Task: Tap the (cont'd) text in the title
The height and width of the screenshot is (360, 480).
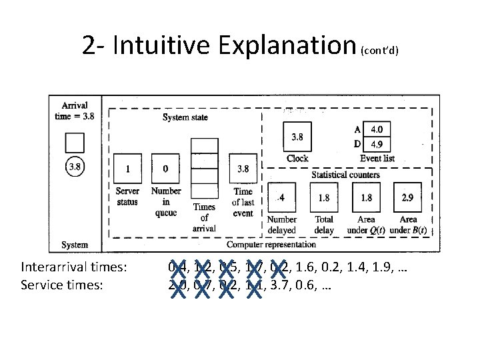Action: [x=380, y=51]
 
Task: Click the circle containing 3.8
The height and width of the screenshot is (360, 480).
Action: [x=75, y=167]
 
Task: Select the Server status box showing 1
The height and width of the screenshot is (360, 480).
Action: [x=127, y=169]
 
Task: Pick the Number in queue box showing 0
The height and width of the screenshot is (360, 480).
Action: [x=165, y=169]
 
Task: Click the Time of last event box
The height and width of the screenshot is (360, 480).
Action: [x=243, y=169]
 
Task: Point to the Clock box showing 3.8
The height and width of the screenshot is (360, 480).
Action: [x=297, y=137]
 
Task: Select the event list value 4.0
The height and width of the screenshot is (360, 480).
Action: [x=377, y=129]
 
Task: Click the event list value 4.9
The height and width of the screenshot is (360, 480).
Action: [x=377, y=144]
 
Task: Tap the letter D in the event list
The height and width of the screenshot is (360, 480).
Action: [x=357, y=144]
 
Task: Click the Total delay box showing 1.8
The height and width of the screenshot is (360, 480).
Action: [x=325, y=197]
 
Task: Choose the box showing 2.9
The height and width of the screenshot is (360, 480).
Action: [x=408, y=197]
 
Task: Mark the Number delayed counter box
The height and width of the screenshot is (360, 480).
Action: [x=283, y=197]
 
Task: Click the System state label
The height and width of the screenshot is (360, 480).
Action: [x=185, y=117]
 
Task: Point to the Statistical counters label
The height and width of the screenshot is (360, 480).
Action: [x=346, y=175]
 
